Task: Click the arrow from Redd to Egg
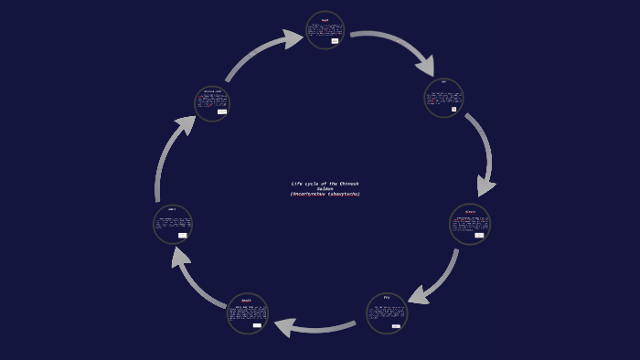click(393, 44)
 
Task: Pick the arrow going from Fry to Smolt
click(315, 325)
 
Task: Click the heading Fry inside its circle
click(387, 298)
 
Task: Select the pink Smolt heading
click(247, 300)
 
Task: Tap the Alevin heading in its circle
click(470, 211)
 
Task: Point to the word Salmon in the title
click(325, 188)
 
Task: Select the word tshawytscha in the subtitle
click(345, 194)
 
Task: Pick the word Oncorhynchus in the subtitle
click(309, 194)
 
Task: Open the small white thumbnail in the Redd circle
click(335, 41)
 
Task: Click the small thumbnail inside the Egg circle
click(453, 109)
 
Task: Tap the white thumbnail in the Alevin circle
click(479, 235)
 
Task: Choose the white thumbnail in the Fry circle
click(396, 325)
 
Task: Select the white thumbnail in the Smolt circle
click(257, 325)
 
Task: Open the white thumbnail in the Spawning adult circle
click(222, 111)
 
